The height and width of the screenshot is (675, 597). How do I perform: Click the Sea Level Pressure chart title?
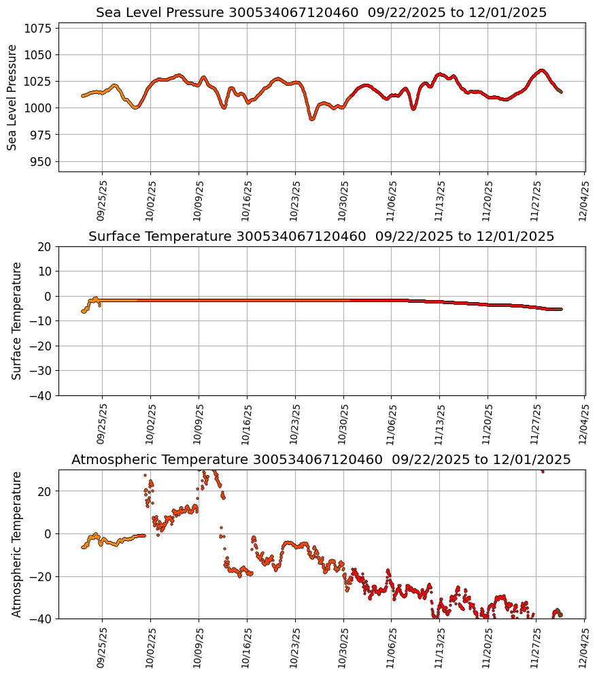coord(321,13)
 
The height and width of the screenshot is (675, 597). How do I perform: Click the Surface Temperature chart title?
coord(321,237)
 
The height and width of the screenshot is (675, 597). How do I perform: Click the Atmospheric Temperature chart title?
coord(321,460)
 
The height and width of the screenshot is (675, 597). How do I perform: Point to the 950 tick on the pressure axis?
coord(41,161)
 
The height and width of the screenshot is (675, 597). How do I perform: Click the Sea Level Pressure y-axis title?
coord(12,97)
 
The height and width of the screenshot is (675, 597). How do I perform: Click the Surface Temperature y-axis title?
coord(17,320)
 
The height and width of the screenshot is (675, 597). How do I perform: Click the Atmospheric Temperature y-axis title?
coord(17,544)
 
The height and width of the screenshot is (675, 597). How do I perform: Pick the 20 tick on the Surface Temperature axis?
coord(45,246)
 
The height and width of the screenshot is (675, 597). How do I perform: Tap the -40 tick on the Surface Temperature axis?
coord(41,395)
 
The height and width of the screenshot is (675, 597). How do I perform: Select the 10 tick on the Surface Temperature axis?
coord(45,271)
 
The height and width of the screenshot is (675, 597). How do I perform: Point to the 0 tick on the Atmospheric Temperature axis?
coord(48,533)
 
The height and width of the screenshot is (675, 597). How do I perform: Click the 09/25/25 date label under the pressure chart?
coord(101,200)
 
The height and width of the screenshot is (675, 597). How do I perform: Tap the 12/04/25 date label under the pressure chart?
coord(583,200)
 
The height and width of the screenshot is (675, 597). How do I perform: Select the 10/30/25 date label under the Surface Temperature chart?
coord(343,423)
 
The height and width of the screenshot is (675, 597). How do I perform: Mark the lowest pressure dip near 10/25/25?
coord(311,119)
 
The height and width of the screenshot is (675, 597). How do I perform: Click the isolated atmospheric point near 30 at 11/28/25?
coord(542,471)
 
